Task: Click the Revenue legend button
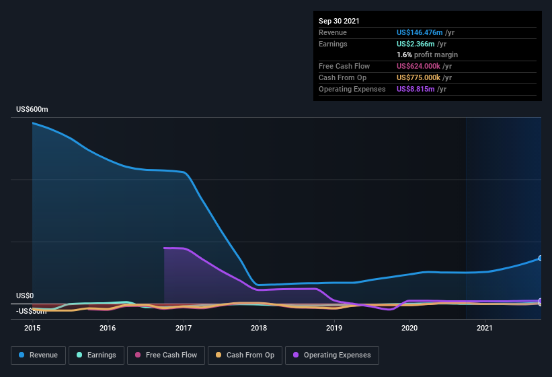[x=38, y=355]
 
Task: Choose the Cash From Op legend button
[x=244, y=355]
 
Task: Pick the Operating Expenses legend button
[x=332, y=355]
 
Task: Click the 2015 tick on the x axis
[x=32, y=329]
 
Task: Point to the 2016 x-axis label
[x=108, y=329]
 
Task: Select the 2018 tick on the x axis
[x=259, y=329]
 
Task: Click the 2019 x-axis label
[x=334, y=329]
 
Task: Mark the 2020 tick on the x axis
[x=409, y=329]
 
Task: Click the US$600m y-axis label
[x=32, y=109]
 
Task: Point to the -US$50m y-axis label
[x=32, y=311]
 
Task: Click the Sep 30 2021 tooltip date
[x=339, y=21]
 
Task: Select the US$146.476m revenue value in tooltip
[x=420, y=32]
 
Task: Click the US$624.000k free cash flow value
[x=420, y=66]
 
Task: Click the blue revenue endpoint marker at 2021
[x=541, y=259]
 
